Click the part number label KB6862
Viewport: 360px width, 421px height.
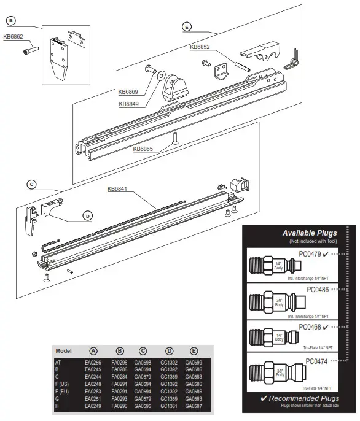[x=14, y=36]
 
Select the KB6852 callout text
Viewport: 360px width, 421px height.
[x=200, y=47]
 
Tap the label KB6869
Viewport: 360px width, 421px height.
[x=128, y=92]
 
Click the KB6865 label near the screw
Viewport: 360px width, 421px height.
[x=144, y=148]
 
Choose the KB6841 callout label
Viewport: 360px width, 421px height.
[x=118, y=188]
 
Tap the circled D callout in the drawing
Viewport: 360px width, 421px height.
[x=88, y=215]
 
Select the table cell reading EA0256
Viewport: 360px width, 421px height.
[x=93, y=363]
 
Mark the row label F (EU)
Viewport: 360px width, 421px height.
[x=63, y=390]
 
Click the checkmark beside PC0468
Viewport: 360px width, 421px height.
[x=340, y=326]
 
